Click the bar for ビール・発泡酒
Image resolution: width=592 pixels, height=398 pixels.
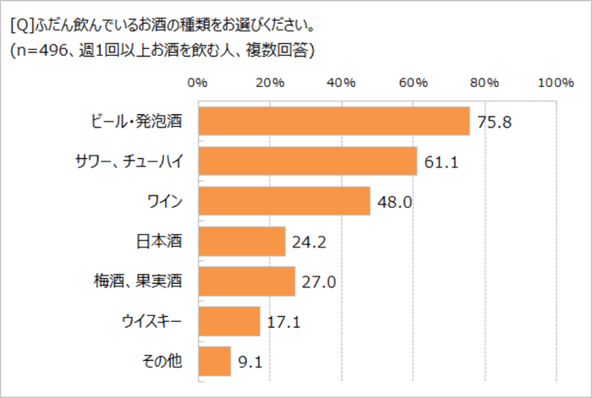tap(333, 121)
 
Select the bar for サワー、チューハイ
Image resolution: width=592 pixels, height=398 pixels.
tap(307, 161)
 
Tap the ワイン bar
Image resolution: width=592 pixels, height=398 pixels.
tap(283, 201)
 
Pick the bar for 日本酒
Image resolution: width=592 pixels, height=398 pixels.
tap(241, 242)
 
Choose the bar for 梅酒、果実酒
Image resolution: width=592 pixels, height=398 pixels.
tap(246, 281)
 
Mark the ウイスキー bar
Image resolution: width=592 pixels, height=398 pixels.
tap(228, 321)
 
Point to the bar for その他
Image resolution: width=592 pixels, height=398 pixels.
tap(214, 361)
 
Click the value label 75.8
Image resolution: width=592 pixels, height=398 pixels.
tap(495, 122)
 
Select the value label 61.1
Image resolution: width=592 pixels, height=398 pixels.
tap(441, 161)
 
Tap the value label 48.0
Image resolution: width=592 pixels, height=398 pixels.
tap(395, 202)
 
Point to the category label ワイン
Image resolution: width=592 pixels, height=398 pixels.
tap(166, 202)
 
